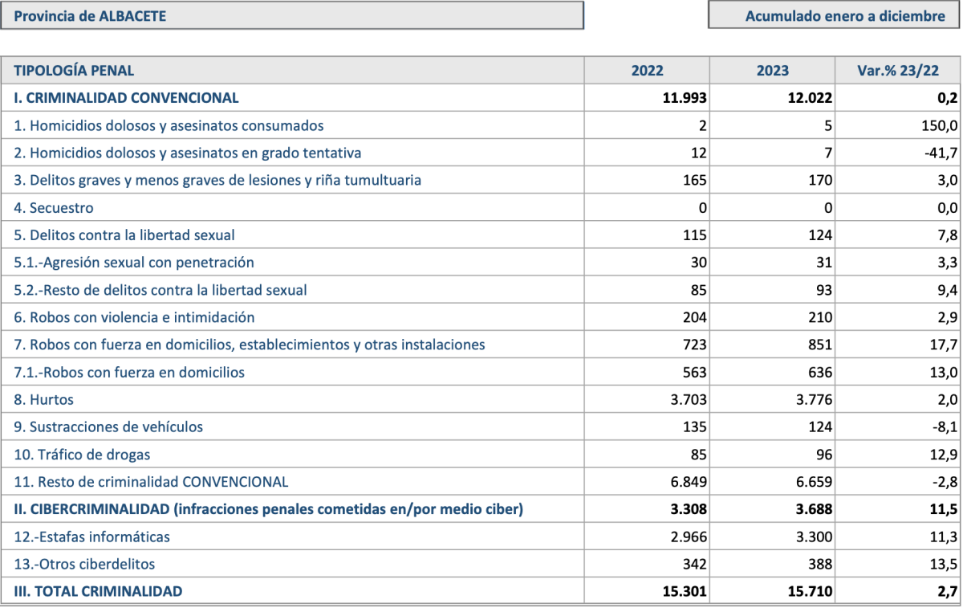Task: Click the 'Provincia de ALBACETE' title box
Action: click(x=292, y=15)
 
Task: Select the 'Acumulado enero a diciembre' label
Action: click(x=845, y=16)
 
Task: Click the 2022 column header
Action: click(x=647, y=70)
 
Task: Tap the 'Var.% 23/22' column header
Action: click(x=898, y=70)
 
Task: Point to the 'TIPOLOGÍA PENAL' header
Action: click(x=74, y=70)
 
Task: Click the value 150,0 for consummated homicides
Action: click(x=940, y=125)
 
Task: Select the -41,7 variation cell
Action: click(x=941, y=153)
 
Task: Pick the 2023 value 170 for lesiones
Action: click(x=820, y=180)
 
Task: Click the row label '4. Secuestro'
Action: click(x=53, y=208)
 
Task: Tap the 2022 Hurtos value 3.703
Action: click(x=689, y=399)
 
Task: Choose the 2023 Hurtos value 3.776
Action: click(x=814, y=399)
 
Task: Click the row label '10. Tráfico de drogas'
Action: click(x=82, y=455)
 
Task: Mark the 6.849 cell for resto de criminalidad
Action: click(x=689, y=481)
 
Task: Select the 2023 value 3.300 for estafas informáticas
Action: click(x=814, y=537)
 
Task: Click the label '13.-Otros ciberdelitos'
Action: click(x=84, y=564)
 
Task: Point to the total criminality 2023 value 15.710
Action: click(x=810, y=591)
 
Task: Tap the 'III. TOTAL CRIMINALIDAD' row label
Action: click(x=98, y=591)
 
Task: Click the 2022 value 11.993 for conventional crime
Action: click(x=685, y=98)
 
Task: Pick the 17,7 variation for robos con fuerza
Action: click(x=944, y=345)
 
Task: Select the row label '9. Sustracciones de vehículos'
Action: click(x=108, y=426)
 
